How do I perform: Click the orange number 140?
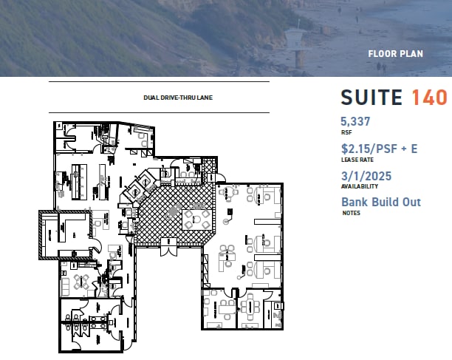click(x=429, y=98)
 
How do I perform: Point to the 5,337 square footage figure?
click(x=355, y=121)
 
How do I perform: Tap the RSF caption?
click(x=346, y=132)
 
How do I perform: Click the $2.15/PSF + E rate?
click(x=379, y=149)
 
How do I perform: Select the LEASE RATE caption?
click(x=354, y=160)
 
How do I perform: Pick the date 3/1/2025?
click(x=366, y=176)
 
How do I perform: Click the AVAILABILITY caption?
click(x=354, y=187)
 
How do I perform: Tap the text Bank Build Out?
click(x=380, y=203)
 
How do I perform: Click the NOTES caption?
click(x=349, y=214)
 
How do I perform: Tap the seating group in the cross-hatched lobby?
click(x=195, y=217)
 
